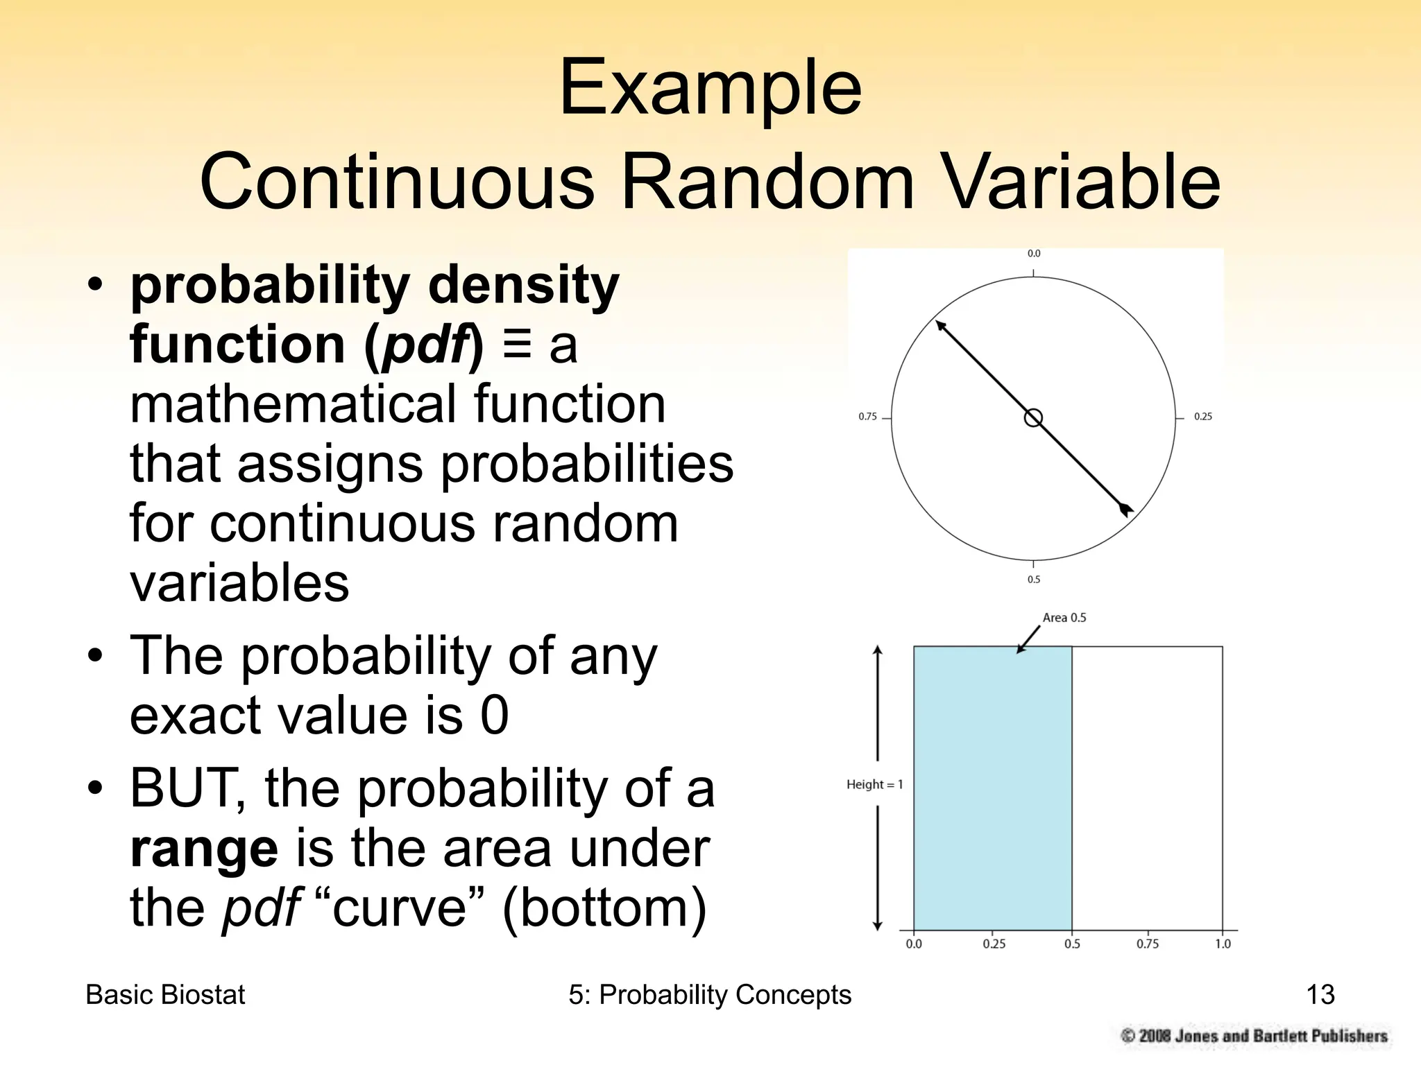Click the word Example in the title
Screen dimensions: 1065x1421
pos(710,89)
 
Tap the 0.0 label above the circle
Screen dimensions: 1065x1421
pos(1034,254)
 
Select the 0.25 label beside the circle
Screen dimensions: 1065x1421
pos(1202,417)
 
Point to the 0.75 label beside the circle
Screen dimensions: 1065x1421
pos(867,417)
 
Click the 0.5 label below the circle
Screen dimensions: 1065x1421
pos(1034,580)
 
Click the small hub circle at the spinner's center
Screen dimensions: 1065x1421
pos(1033,418)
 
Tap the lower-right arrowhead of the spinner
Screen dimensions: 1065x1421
pos(1126,510)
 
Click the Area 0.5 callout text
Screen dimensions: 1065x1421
pos(1064,618)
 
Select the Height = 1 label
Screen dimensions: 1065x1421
pos(874,784)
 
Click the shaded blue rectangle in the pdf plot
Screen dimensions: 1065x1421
pos(992,788)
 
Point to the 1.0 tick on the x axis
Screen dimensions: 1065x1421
pos(1223,944)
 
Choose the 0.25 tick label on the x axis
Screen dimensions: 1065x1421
pos(994,944)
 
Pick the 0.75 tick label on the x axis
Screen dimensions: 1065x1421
pos(1147,944)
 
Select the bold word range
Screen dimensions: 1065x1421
pos(204,849)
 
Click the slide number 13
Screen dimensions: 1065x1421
pos(1320,994)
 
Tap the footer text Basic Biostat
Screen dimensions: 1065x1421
pos(165,994)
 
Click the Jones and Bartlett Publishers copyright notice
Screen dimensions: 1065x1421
pos(1254,1036)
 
